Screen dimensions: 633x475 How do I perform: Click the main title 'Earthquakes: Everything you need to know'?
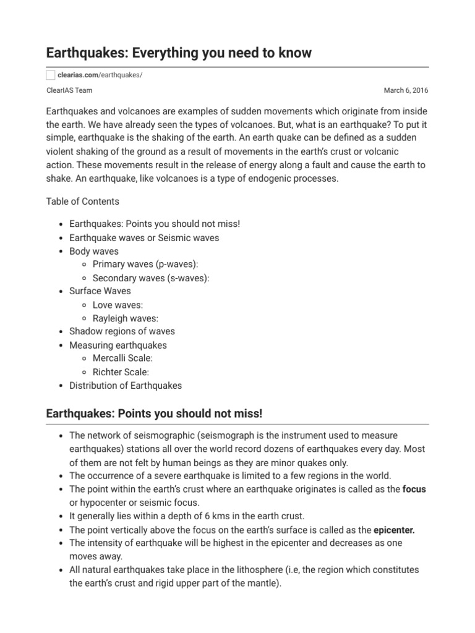pos(179,53)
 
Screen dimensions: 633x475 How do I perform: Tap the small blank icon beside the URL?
pos(51,75)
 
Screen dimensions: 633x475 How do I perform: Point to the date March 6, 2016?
pos(406,90)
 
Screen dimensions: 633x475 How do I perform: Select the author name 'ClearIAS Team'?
pos(68,90)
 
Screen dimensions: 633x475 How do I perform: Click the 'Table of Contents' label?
pos(83,202)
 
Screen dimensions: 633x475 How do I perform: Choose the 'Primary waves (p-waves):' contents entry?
pos(145,265)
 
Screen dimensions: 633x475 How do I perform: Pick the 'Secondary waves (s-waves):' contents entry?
pos(151,278)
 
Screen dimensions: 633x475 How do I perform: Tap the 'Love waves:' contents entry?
pos(118,305)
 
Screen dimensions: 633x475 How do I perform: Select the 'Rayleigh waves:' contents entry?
pos(126,318)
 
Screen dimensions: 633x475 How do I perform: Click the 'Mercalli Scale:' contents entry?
pos(122,359)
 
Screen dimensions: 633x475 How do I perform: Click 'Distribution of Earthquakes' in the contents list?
pos(126,386)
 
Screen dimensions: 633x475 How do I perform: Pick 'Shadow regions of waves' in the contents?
pos(122,332)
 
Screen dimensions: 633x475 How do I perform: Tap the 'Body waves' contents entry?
pos(94,252)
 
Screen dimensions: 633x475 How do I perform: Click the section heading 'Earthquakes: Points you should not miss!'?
pos(155,413)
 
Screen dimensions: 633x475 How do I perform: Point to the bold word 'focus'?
pos(414,489)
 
